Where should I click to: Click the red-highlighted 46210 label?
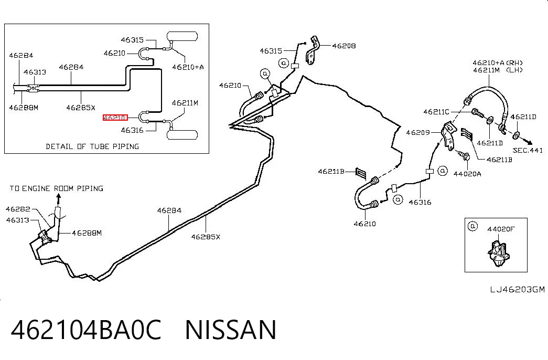(x=115, y=118)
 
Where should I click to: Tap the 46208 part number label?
(x=344, y=46)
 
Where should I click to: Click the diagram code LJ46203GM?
(x=517, y=289)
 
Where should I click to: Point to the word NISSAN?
(x=231, y=330)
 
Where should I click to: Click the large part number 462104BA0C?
(x=86, y=330)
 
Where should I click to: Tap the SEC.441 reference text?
(x=528, y=151)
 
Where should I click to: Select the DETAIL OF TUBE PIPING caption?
(x=92, y=146)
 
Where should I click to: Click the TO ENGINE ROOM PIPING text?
(x=56, y=188)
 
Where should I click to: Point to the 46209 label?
(x=418, y=133)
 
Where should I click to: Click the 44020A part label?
(x=467, y=174)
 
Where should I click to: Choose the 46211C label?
(x=436, y=112)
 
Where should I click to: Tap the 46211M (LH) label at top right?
(x=498, y=70)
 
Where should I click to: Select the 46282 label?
(x=18, y=209)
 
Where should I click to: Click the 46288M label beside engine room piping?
(x=87, y=233)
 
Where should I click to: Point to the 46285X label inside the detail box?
(x=81, y=108)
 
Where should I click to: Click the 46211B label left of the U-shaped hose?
(x=331, y=172)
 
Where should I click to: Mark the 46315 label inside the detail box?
(x=132, y=40)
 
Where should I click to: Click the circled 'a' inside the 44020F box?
(x=472, y=226)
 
